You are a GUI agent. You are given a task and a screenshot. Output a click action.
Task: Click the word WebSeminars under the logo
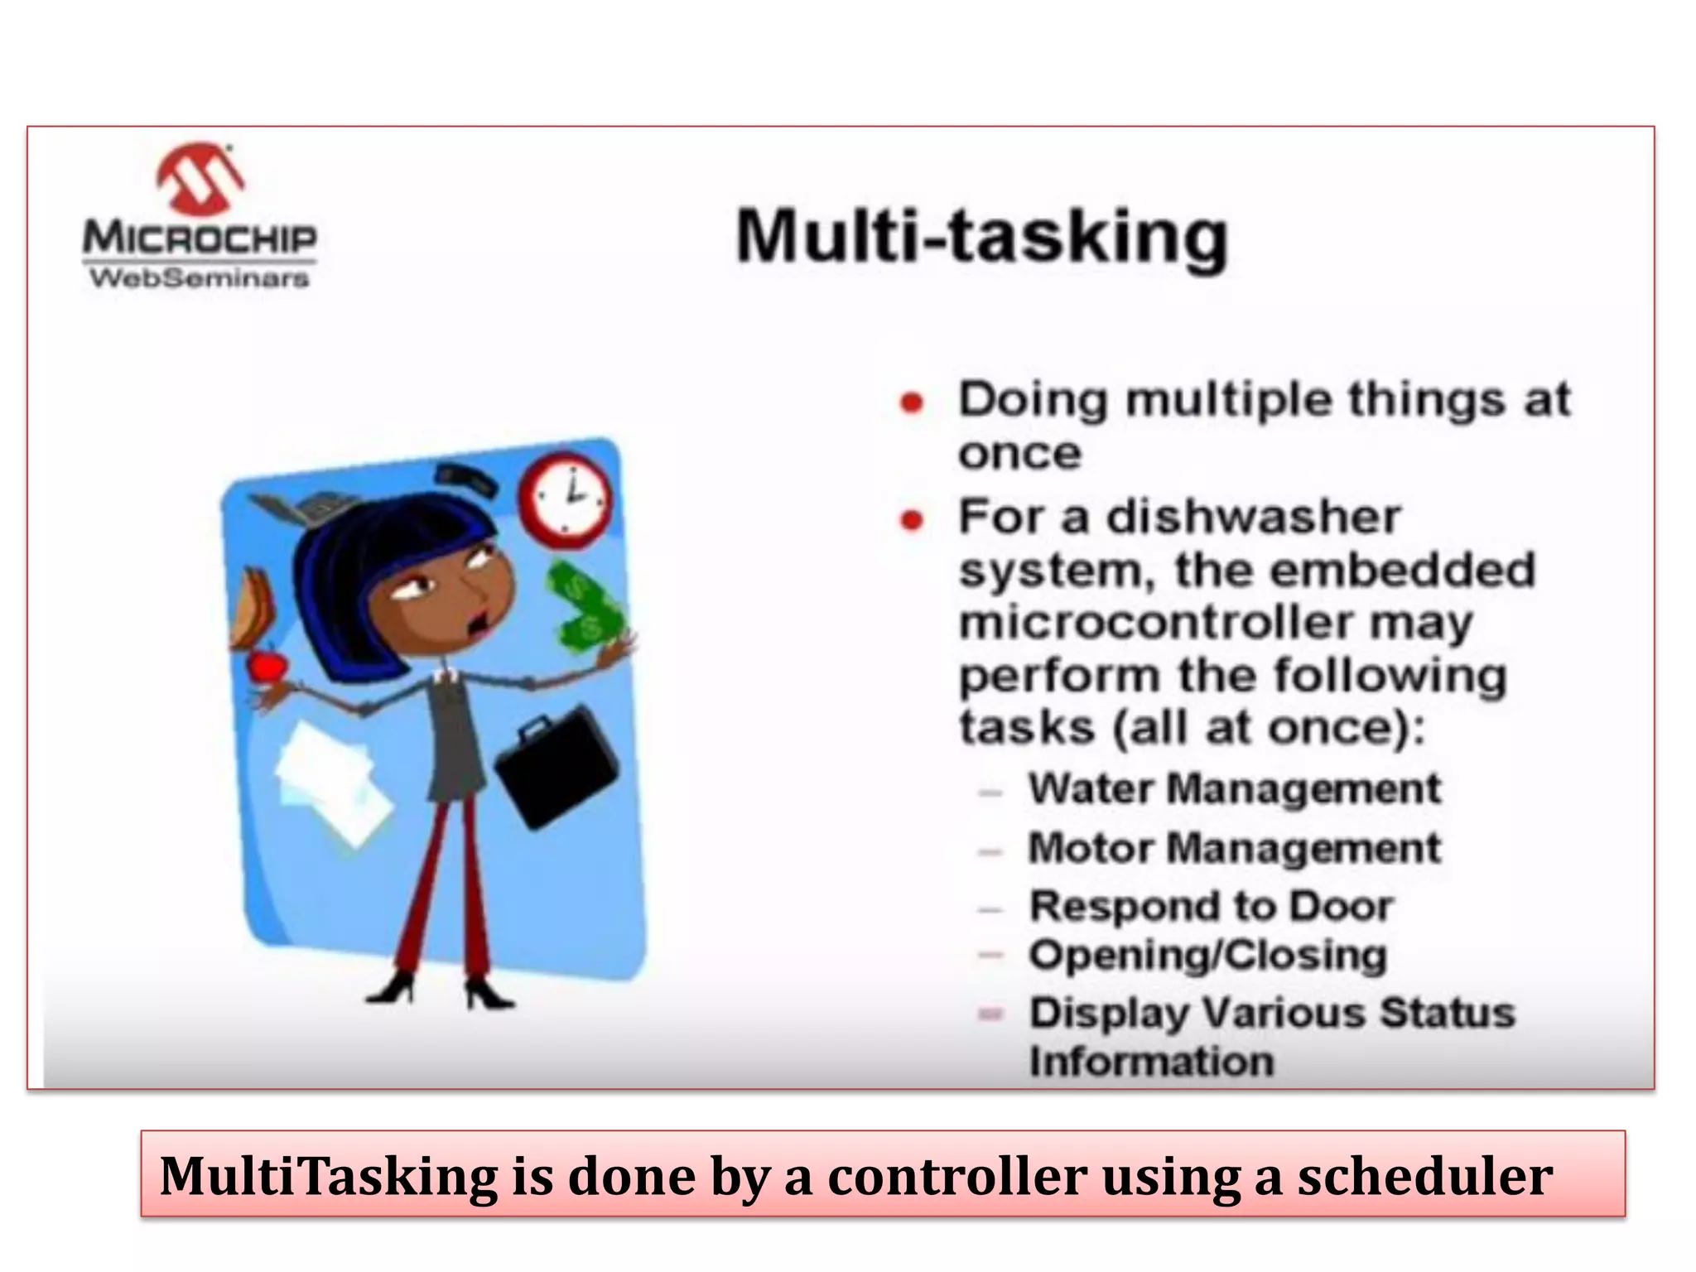pos(199,278)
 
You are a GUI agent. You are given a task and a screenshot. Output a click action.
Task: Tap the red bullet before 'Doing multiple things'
pos(912,403)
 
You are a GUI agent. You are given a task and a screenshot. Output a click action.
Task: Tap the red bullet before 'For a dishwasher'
pos(912,520)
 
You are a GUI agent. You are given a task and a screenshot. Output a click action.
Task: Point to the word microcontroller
pos(1155,623)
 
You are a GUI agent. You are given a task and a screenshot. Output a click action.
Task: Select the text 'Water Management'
pos(1234,788)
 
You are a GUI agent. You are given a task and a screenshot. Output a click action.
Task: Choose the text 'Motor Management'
pos(1234,849)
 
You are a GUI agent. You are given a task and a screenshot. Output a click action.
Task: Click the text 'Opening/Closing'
pos(1207,956)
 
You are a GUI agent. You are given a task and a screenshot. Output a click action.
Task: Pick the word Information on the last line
pos(1151,1062)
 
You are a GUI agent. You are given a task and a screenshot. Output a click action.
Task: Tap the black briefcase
pos(556,766)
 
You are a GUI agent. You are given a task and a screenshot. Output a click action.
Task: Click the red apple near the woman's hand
pos(267,665)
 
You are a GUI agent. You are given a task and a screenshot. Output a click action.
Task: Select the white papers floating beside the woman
pos(331,778)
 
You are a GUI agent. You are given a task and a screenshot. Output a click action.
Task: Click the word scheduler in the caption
pos(1424,1176)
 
